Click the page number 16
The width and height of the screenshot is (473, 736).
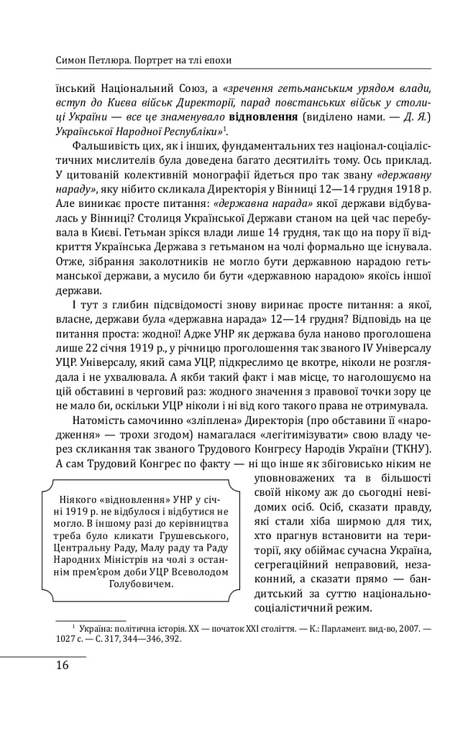pos(62,665)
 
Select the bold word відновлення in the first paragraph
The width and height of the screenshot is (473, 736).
pos(262,116)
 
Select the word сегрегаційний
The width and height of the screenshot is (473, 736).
pos(298,564)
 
